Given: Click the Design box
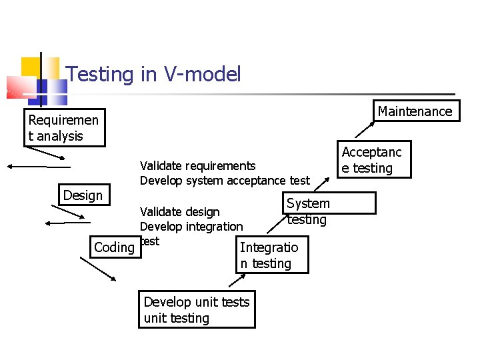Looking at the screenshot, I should [x=83, y=195].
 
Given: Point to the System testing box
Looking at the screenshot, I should [x=307, y=211].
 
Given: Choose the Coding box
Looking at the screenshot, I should [x=114, y=247].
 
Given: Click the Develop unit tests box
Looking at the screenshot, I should [x=197, y=302].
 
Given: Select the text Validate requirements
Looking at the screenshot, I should [x=197, y=165].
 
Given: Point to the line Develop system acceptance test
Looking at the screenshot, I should [x=225, y=180].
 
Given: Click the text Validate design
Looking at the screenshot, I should [x=179, y=212].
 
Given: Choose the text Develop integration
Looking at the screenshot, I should [x=191, y=227].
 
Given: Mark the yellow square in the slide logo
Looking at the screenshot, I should [x=31, y=67].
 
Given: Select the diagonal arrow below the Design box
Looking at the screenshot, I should [x=67, y=212].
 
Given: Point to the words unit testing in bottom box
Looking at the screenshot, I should [x=177, y=318].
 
